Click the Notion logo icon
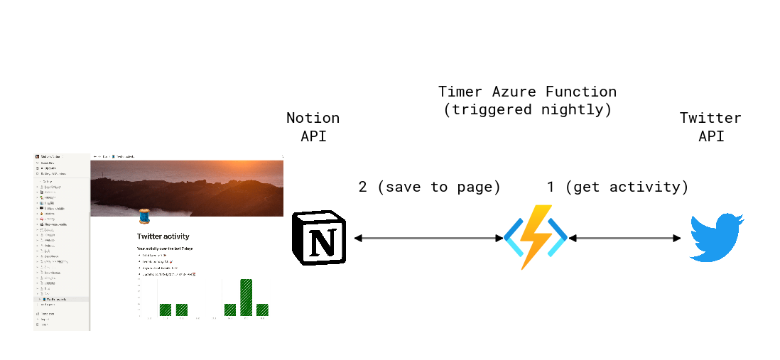point(318,239)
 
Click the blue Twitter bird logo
point(717,239)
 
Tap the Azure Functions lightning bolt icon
point(535,237)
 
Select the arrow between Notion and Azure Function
point(428,239)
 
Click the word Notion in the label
point(313,118)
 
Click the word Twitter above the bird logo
point(710,118)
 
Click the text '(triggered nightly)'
point(527,110)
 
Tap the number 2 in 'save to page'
point(363,187)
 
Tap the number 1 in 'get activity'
point(551,187)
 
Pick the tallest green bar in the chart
point(246,297)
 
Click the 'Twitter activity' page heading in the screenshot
point(163,236)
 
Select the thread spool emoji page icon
point(145,216)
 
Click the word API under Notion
point(313,136)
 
